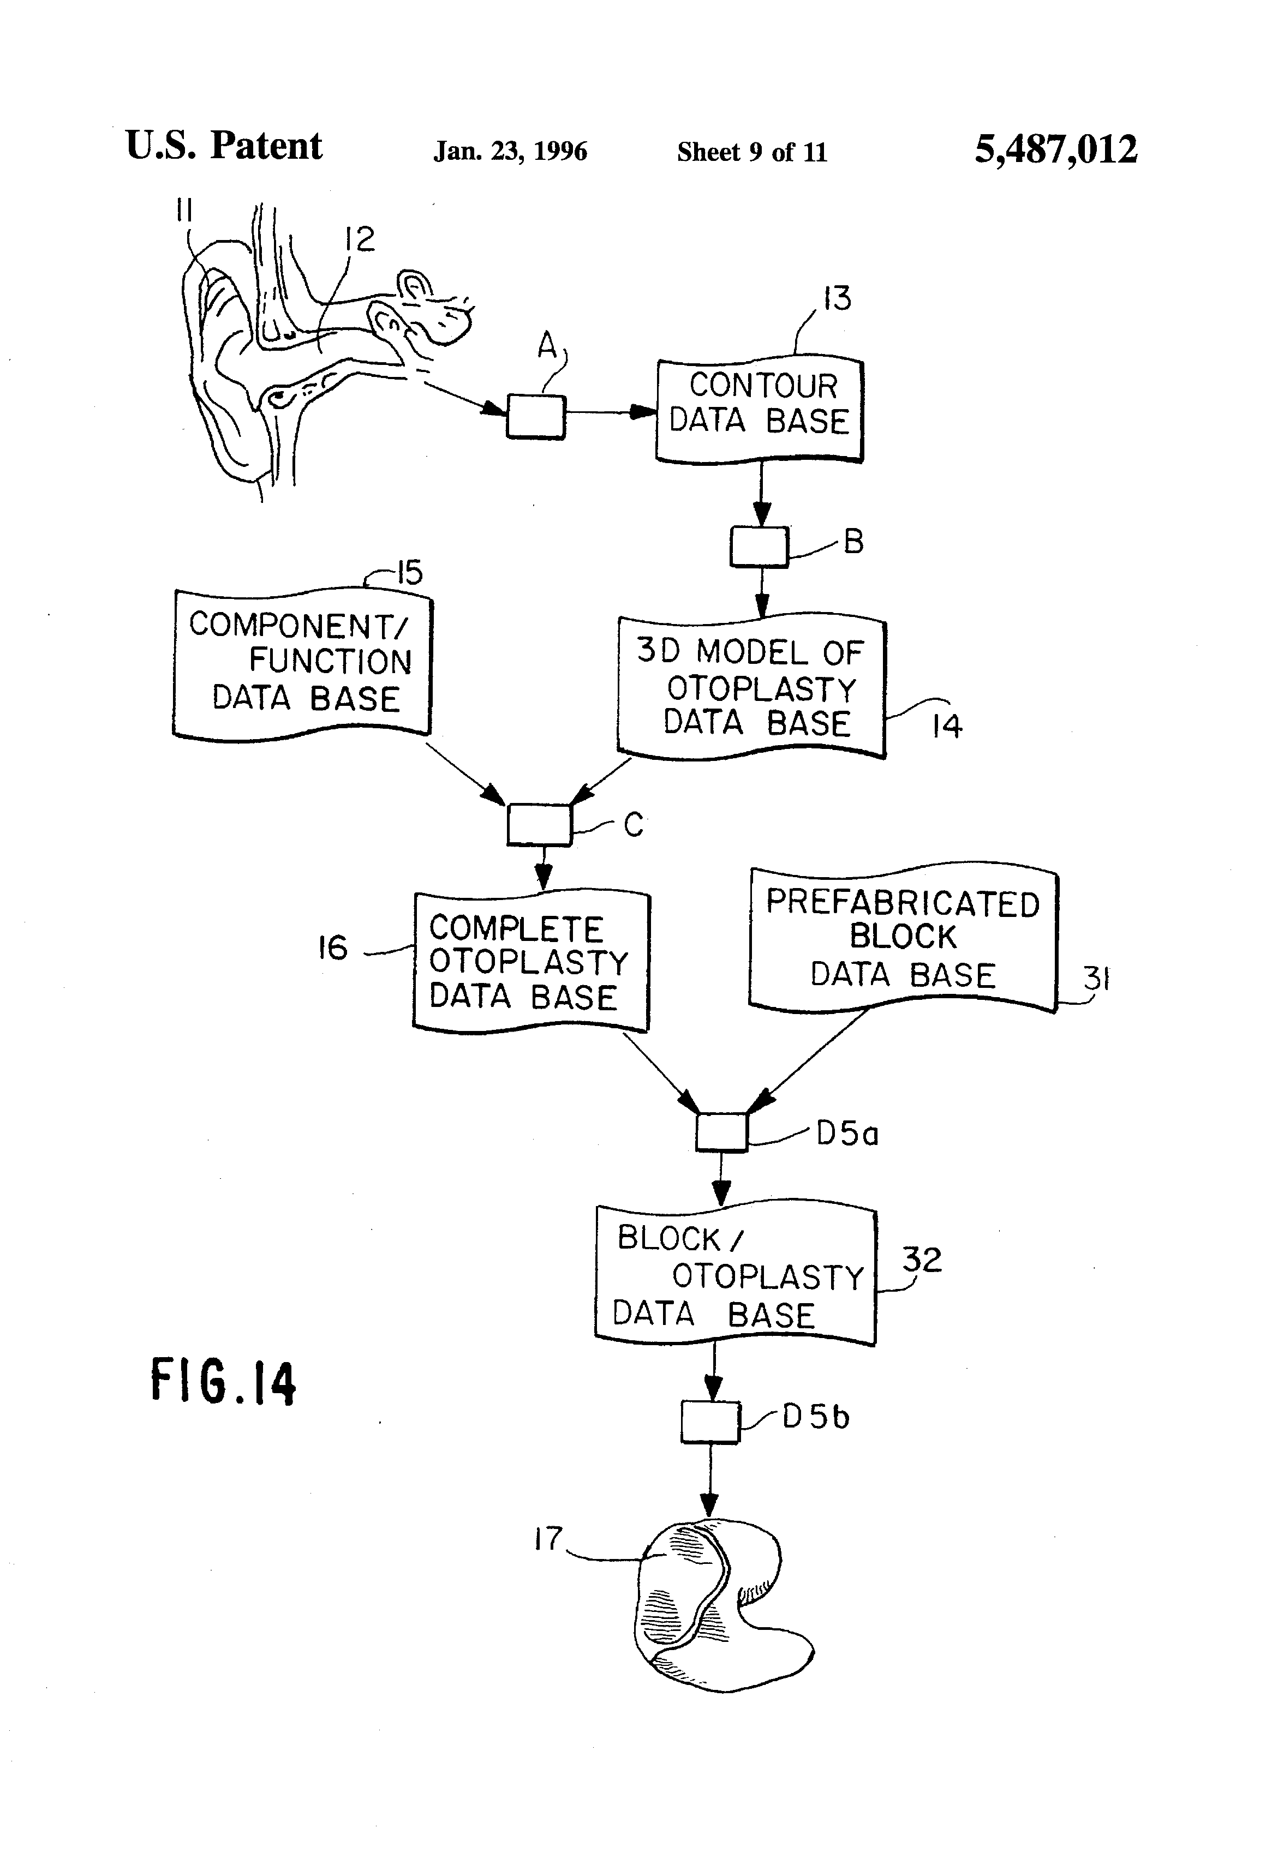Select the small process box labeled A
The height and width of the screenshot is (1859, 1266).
click(535, 417)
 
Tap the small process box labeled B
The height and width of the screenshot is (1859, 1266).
click(759, 547)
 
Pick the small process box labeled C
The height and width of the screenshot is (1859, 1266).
click(539, 824)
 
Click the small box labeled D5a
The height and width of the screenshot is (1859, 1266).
click(721, 1131)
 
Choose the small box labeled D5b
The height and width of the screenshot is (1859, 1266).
click(710, 1422)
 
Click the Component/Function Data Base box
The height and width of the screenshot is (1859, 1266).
click(302, 662)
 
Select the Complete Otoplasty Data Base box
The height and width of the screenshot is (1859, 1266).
click(530, 962)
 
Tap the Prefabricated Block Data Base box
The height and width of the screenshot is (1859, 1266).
click(903, 938)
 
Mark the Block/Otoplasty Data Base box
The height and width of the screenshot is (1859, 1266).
click(736, 1276)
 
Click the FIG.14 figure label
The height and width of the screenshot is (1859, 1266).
click(223, 1382)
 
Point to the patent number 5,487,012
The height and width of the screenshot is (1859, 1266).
click(1055, 149)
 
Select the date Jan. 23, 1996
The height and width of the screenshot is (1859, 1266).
click(510, 151)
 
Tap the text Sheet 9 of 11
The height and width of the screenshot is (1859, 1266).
click(751, 152)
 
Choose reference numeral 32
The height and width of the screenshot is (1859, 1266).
click(922, 1260)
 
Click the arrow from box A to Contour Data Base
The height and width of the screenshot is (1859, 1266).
click(610, 413)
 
